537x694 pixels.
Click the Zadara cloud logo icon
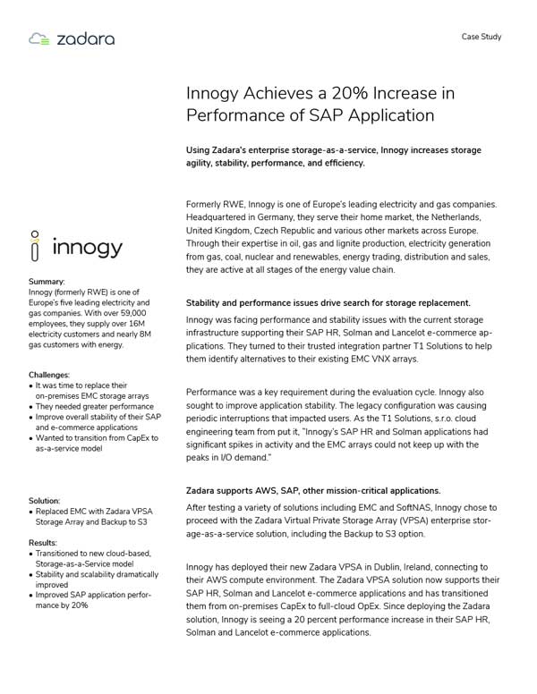38,38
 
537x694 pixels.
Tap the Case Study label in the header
481,37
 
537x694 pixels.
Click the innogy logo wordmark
87,247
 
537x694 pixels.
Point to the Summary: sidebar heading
47,282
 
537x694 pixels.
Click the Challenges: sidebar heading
49,375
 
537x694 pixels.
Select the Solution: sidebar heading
45,501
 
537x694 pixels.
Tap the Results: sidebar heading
43,543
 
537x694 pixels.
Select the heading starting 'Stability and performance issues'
328,303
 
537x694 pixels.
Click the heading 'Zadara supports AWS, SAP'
312,490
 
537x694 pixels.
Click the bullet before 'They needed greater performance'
31,407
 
